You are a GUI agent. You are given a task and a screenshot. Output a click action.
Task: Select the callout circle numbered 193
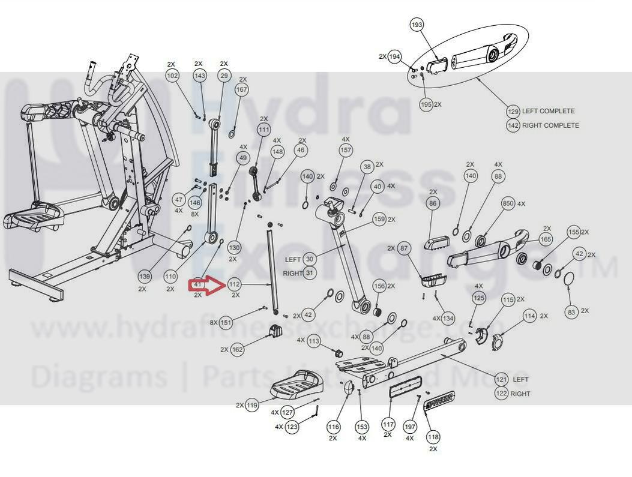[417, 25]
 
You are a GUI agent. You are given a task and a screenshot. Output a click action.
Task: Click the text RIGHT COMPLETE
[550, 125]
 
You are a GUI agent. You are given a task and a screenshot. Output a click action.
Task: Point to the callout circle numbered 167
[241, 90]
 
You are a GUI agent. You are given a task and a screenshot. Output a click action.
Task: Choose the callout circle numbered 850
[508, 204]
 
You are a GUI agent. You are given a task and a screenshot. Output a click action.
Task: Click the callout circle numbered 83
[571, 311]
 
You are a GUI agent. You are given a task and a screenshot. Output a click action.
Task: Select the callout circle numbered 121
[501, 379]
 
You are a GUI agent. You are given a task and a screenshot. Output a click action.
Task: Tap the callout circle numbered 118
[433, 437]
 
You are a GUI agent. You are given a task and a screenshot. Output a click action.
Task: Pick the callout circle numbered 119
[252, 406]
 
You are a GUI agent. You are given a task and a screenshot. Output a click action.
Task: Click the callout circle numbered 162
[237, 349]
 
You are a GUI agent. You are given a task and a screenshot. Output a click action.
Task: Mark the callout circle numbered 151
[226, 323]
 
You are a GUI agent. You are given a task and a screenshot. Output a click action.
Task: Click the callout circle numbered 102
[172, 76]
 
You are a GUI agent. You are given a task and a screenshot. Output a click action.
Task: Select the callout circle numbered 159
[379, 220]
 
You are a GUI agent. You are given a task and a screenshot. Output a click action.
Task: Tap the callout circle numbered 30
[309, 259]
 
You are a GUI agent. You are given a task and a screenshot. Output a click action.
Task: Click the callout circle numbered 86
[433, 204]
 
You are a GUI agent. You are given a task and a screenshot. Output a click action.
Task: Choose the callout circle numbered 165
[546, 240]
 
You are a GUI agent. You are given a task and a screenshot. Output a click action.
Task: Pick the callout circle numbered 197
[409, 427]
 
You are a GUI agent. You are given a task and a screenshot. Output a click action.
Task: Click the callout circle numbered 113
[314, 341]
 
